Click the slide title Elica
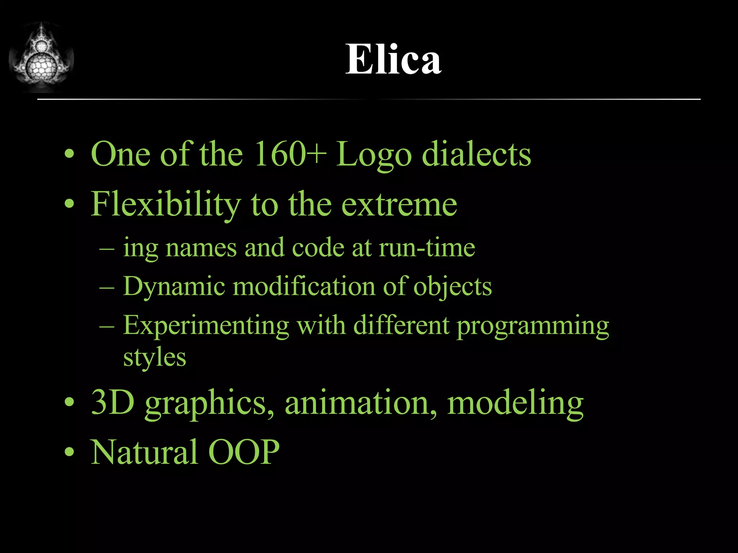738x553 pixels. click(393, 59)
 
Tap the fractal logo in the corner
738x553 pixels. click(41, 58)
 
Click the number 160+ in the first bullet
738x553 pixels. click(290, 154)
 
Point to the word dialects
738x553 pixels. click(476, 154)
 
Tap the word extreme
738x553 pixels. click(399, 204)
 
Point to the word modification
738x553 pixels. click(304, 286)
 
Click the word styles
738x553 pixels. click(155, 358)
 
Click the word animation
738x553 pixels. click(361, 403)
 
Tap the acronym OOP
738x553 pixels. click(244, 452)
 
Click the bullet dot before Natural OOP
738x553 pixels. click(69, 452)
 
